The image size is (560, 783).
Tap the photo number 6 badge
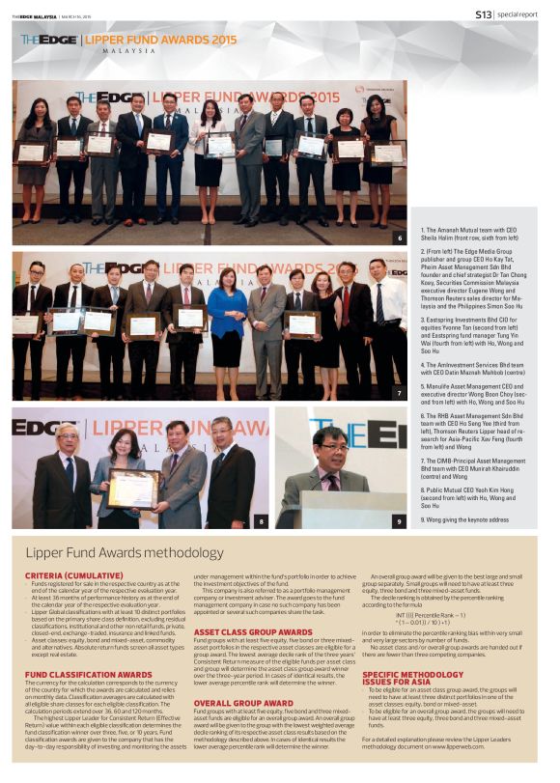pos(399,237)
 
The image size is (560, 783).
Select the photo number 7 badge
pos(399,393)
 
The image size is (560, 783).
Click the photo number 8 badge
pos(260,521)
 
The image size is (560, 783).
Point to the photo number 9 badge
pos(399,521)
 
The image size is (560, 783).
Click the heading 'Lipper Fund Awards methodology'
pos(125,552)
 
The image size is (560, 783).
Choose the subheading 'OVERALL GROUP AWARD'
pos(236,703)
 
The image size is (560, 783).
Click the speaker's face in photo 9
pos(333,449)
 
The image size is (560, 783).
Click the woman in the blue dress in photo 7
pos(227,323)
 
